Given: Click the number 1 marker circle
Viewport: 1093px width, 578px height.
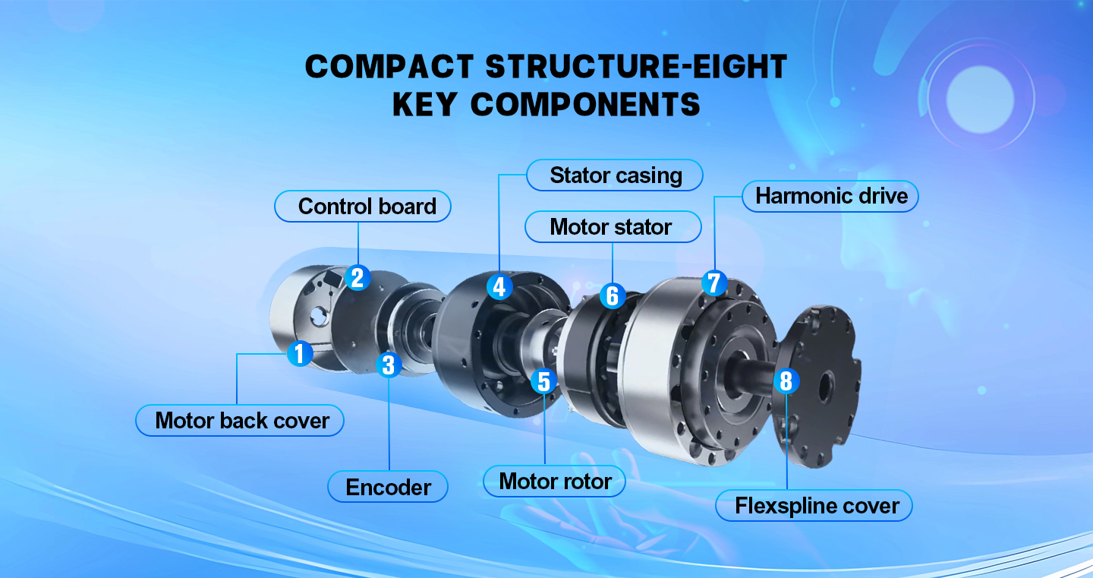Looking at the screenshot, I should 300,353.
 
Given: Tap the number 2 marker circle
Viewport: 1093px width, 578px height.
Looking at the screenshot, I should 357,277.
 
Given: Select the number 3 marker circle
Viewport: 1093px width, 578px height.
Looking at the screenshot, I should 389,365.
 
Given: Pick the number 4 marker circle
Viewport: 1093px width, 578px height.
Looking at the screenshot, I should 498,287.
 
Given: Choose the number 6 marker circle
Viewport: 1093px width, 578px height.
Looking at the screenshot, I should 613,296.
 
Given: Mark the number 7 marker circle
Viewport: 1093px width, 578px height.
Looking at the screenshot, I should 713,283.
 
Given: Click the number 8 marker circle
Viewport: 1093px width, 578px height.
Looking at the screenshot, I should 786,381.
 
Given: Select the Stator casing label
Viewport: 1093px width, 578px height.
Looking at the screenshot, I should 615,175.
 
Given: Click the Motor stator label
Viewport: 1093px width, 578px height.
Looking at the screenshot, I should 612,227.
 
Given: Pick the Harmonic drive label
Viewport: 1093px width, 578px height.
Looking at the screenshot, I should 830,196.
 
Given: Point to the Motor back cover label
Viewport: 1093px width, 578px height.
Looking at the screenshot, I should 241,421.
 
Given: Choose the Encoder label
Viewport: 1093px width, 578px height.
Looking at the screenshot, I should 388,487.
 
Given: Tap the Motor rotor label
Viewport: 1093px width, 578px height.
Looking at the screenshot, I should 555,482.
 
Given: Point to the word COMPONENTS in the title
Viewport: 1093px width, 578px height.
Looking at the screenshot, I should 585,105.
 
